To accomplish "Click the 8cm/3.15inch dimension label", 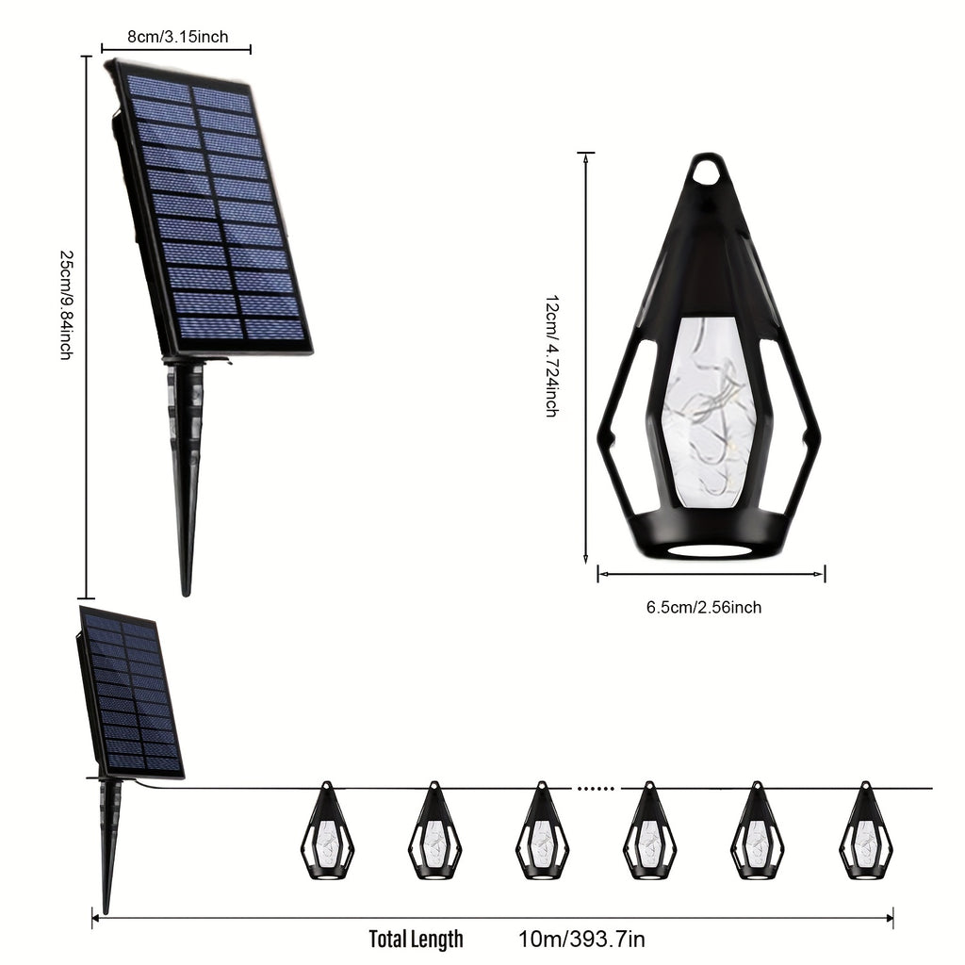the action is [178, 37].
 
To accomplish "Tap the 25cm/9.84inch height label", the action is [67, 304].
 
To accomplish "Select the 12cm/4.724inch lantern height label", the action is [552, 356].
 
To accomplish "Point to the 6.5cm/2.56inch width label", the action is [703, 608].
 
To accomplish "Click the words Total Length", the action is [416, 940].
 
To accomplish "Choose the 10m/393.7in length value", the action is [581, 940].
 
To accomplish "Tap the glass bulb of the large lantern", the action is [708, 413].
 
